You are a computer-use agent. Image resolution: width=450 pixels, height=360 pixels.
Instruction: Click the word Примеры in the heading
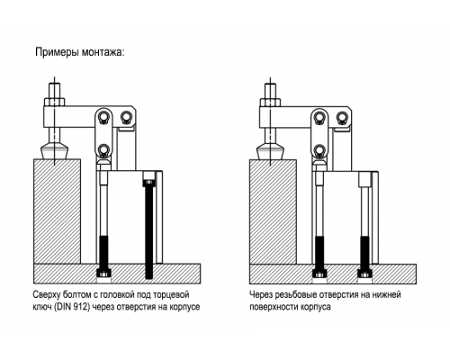tap(57, 52)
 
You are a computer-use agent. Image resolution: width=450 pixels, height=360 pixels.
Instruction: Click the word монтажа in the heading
tap(102, 52)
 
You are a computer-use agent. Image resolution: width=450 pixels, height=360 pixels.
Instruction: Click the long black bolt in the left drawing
tap(149, 225)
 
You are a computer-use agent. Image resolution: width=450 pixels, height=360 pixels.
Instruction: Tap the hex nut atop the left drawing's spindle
tap(54, 102)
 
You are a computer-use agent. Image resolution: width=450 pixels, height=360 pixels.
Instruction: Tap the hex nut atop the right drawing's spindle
tap(270, 102)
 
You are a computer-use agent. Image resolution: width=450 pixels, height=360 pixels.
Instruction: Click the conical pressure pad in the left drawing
tap(54, 152)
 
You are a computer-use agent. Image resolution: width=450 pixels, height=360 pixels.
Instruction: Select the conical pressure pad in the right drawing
tap(270, 152)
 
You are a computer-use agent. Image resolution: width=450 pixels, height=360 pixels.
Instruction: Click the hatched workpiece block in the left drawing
tap(57, 211)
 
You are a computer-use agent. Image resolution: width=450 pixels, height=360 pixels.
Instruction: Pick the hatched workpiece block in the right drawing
tap(273, 211)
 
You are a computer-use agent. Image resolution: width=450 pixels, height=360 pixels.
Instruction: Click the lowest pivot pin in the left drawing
tap(104, 150)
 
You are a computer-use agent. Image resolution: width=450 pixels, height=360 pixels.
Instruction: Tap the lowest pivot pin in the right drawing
tap(320, 150)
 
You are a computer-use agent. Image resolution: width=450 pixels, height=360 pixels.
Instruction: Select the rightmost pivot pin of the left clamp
tap(126, 117)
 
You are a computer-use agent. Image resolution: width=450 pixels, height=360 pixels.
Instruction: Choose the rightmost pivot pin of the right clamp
tap(342, 117)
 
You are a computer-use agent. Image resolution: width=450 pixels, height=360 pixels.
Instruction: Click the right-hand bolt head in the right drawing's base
tap(365, 274)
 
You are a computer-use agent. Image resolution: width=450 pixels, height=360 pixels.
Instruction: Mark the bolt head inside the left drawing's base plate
tap(104, 274)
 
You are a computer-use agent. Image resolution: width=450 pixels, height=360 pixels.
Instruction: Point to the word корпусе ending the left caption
tap(184, 308)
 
